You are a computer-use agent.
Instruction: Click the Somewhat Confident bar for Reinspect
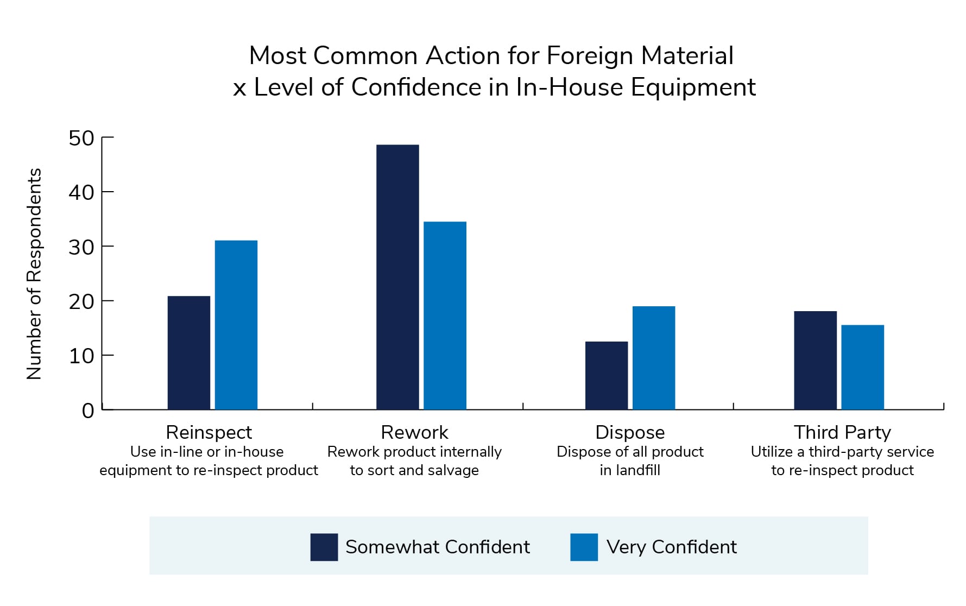pos(188,352)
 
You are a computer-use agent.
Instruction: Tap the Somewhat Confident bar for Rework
pos(397,277)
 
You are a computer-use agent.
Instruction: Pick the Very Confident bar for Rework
pos(445,315)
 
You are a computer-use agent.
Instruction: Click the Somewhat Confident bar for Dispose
pos(607,375)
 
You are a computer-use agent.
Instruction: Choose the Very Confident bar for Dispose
pos(654,358)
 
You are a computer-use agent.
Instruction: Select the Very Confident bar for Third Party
pos(862,367)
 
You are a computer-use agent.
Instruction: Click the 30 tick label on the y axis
pos(81,247)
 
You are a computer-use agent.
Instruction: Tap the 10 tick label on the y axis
pos(81,356)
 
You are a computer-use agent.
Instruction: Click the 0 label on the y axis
pos(88,411)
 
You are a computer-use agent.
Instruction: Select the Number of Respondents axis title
pos(34,274)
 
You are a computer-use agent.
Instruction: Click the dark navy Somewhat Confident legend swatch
pos(324,547)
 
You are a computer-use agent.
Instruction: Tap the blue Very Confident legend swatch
pos(584,547)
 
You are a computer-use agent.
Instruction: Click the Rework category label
pos(414,432)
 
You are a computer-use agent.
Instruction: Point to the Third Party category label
pos(842,432)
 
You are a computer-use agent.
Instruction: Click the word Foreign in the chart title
pos(590,55)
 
